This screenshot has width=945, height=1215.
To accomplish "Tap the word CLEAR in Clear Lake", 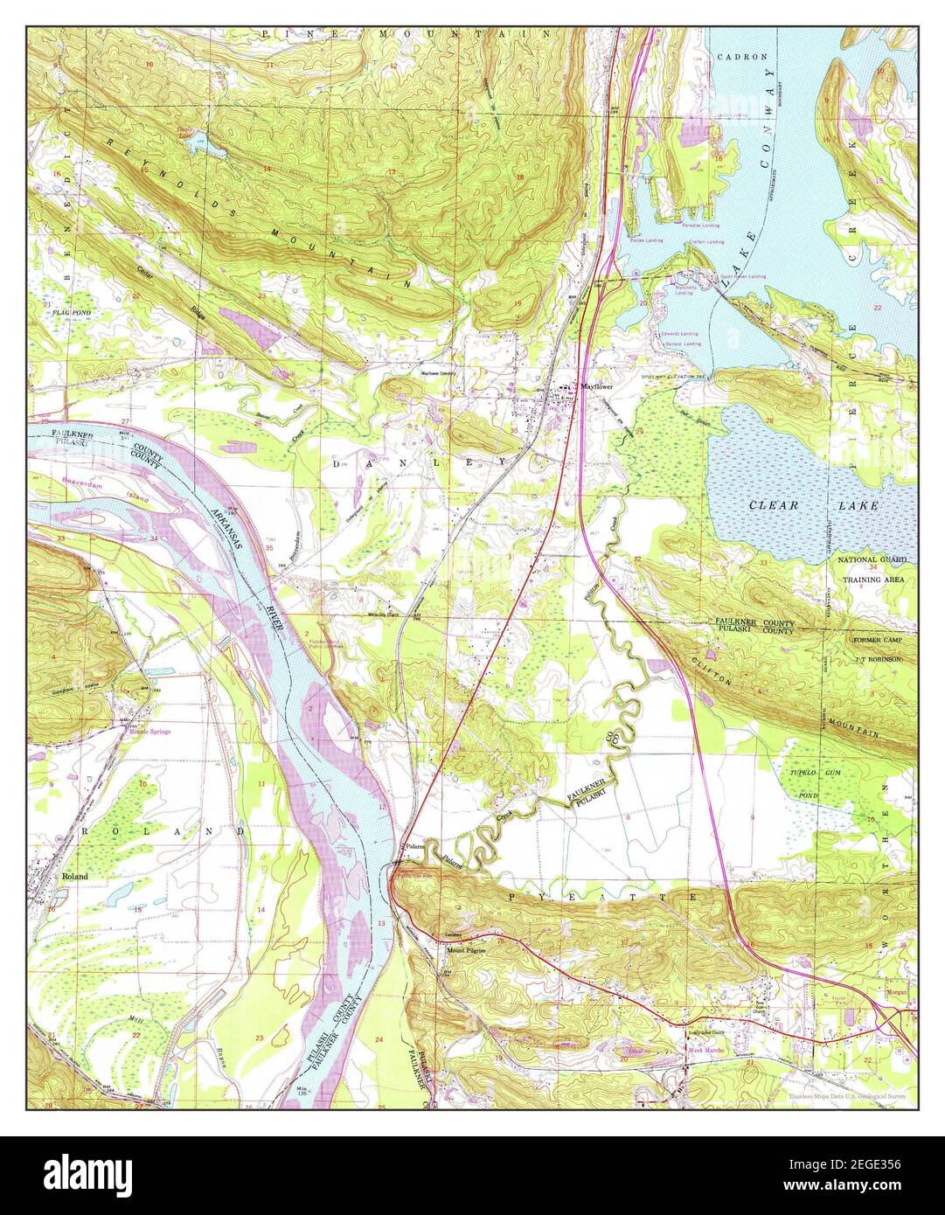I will point(772,505).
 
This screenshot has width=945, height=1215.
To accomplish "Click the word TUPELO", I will point(796,774).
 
